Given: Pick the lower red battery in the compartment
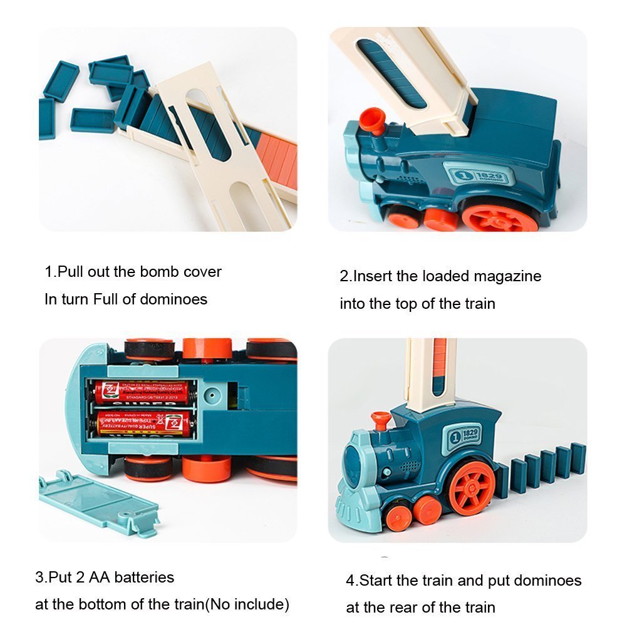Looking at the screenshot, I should click(x=142, y=423).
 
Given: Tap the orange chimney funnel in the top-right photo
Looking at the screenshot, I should click(x=373, y=119).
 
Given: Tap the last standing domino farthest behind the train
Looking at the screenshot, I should click(x=578, y=458).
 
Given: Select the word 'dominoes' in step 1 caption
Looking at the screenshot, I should click(x=174, y=299).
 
